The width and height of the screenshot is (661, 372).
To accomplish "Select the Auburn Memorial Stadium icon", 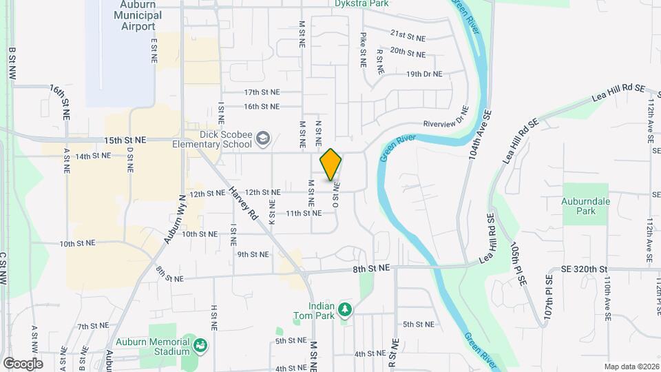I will (200, 344).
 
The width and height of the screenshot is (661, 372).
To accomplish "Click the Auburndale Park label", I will (586, 206).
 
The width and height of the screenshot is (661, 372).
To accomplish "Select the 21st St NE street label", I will (408, 33).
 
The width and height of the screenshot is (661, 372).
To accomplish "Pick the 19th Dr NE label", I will (424, 74).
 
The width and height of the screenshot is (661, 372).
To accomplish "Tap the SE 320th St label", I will (585, 269).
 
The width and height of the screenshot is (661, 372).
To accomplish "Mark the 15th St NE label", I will (125, 139).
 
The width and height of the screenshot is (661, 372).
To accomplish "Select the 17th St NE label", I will (262, 92).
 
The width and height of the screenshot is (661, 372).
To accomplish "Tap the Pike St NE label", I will (363, 49).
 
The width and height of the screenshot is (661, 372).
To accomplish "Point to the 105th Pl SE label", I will (519, 256).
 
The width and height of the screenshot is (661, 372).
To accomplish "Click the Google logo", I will (23, 363).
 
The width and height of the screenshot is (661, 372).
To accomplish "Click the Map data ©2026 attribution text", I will (631, 366).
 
